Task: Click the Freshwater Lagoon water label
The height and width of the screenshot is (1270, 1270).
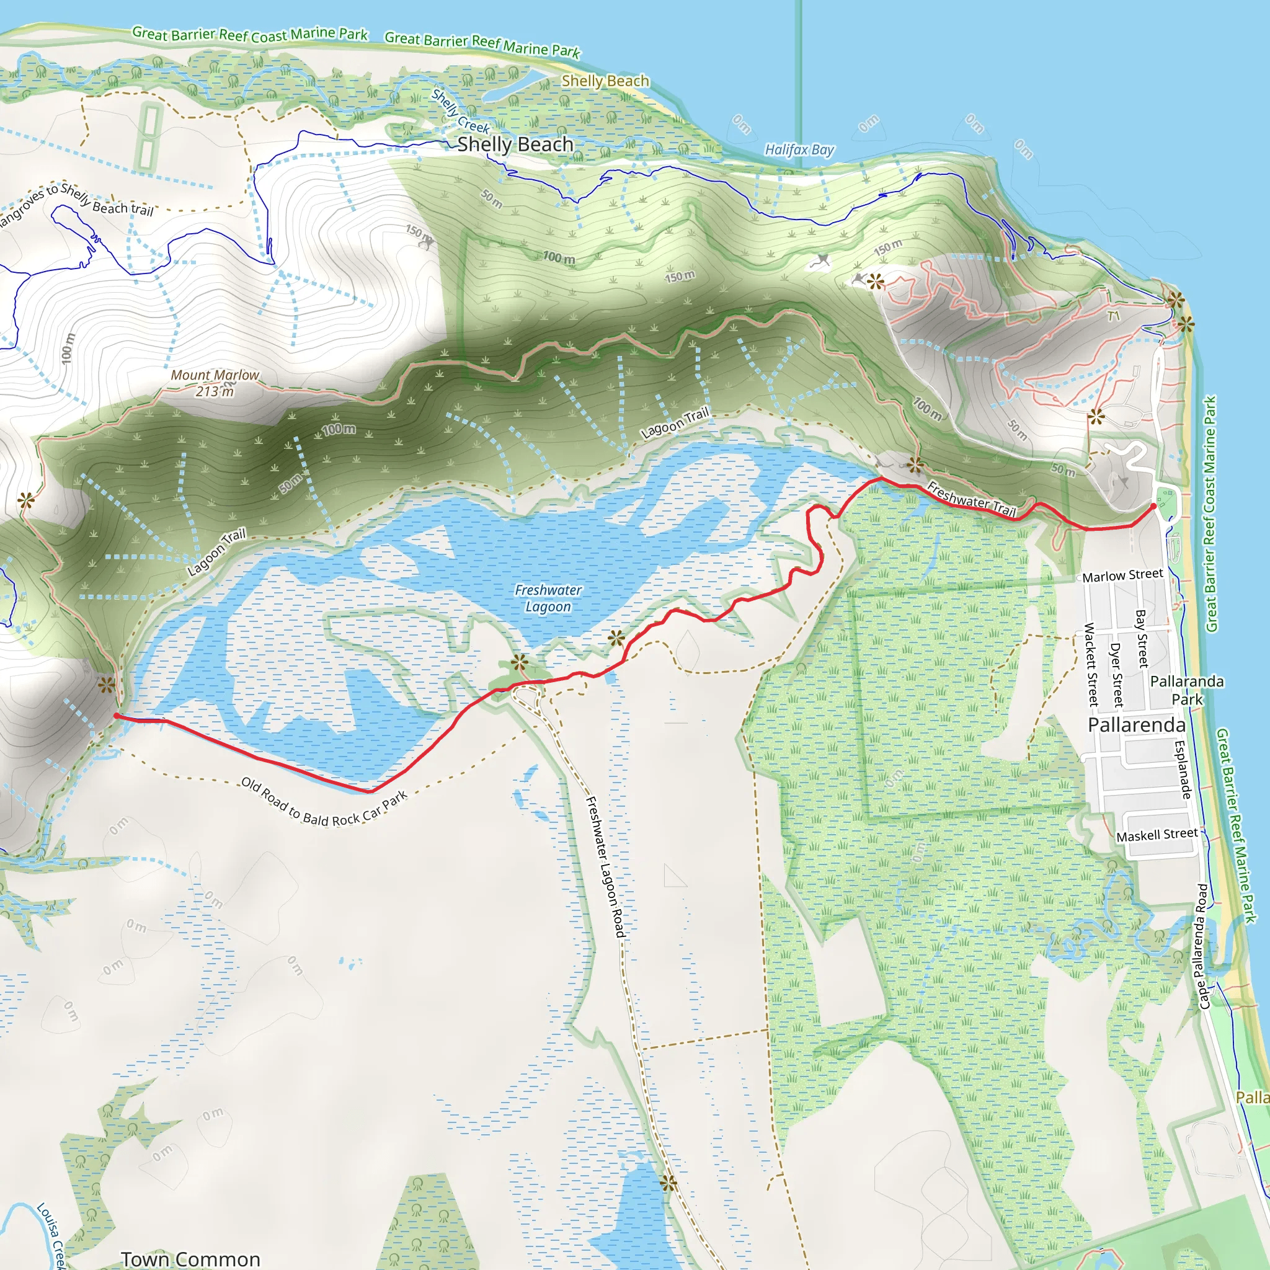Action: (x=548, y=598)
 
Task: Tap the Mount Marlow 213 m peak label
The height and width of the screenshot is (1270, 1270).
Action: (x=215, y=383)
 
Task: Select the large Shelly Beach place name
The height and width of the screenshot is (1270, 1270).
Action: (x=515, y=144)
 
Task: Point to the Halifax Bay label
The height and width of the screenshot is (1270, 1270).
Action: (x=799, y=150)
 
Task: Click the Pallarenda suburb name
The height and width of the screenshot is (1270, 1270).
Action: (x=1137, y=725)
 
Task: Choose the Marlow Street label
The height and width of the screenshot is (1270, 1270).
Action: (x=1123, y=575)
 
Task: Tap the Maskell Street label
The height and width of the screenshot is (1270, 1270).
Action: (x=1157, y=835)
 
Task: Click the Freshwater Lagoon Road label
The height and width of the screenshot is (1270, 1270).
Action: (x=605, y=866)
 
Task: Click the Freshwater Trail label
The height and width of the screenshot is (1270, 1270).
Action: (x=971, y=499)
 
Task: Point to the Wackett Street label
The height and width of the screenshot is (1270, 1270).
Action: (x=1091, y=664)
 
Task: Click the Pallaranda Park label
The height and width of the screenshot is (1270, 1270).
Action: (x=1186, y=690)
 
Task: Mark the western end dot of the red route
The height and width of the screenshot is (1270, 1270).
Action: (x=117, y=716)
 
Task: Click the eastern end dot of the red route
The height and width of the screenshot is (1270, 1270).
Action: (x=1153, y=506)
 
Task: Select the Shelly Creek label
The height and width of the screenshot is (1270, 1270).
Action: (x=460, y=112)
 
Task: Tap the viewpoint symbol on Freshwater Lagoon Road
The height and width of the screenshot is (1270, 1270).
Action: (x=668, y=1183)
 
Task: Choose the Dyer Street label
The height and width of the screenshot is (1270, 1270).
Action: (x=1116, y=675)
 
